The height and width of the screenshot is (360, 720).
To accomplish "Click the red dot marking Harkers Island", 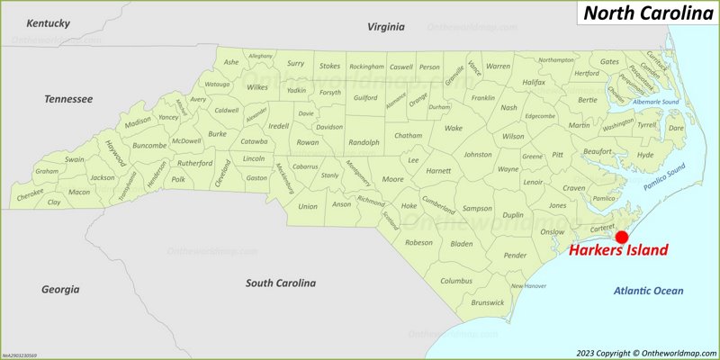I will [621, 236].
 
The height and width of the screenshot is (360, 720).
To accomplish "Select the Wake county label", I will [454, 128].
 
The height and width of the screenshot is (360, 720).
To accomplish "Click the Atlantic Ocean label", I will [648, 291].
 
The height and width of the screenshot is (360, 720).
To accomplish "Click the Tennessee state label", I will [69, 98].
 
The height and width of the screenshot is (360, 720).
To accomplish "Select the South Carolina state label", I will [281, 283].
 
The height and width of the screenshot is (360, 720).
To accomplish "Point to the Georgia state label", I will [60, 290].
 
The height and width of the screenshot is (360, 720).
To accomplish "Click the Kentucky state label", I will [49, 22].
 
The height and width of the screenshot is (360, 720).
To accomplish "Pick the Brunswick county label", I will [488, 302].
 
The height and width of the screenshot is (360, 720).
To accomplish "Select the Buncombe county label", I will [149, 145].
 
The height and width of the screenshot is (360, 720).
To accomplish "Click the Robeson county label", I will [418, 242].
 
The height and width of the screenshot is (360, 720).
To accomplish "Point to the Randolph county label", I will [364, 142].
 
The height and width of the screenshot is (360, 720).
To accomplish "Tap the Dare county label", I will [675, 129].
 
